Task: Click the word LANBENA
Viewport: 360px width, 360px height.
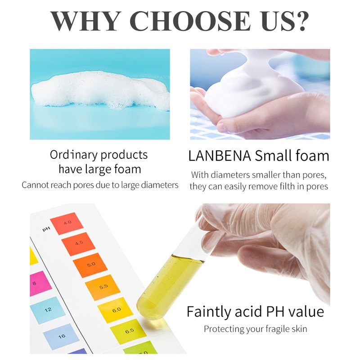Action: coord(220,156)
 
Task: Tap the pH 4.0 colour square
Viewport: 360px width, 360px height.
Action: coord(67,223)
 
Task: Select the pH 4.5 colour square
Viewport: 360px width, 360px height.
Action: coord(78,244)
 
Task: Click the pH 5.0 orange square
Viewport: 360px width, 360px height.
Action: coord(90,265)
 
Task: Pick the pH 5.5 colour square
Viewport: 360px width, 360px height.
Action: coord(103,287)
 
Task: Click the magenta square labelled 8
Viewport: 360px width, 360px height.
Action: coord(40,283)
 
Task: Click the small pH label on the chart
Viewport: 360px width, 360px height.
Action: coord(46,229)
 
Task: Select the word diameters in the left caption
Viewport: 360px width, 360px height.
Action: coord(159,185)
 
